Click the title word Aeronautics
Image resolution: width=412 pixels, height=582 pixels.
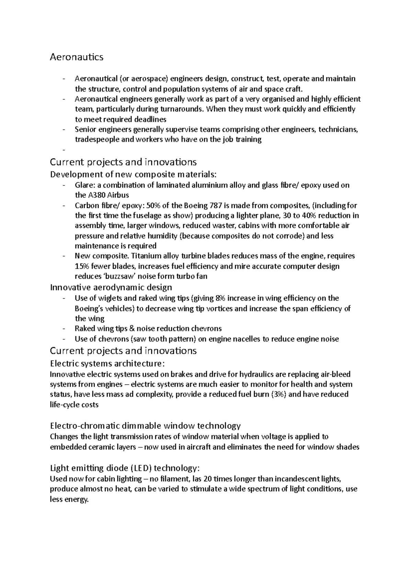point(77,57)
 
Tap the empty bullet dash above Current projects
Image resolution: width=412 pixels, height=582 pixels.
point(64,150)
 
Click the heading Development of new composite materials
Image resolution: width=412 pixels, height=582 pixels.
point(133,174)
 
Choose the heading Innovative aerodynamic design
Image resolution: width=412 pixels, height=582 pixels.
point(111,287)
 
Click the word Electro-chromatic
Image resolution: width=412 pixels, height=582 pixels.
point(85,426)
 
